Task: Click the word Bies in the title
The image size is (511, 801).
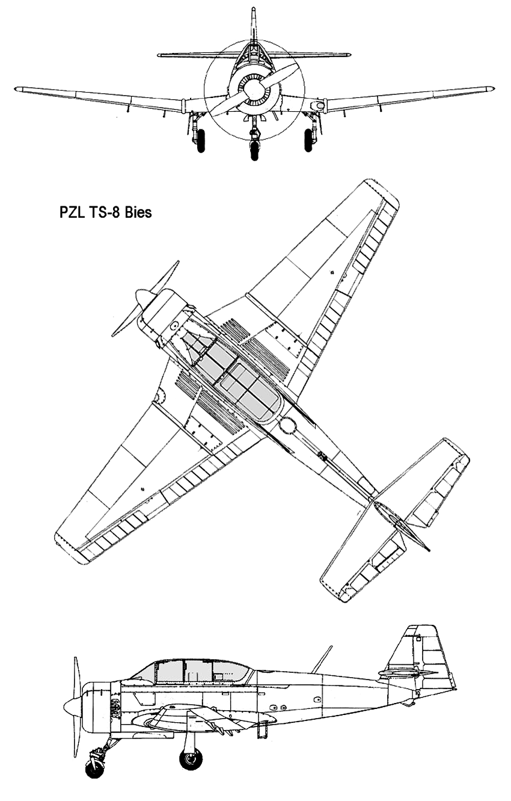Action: tap(138, 212)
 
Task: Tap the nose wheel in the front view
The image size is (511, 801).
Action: tap(254, 150)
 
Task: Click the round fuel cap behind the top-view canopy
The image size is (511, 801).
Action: tap(287, 426)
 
